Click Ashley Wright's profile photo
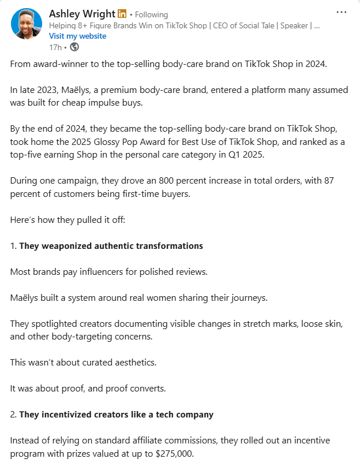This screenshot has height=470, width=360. [27, 24]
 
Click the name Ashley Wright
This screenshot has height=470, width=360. [82, 14]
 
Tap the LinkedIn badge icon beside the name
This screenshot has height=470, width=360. [122, 14]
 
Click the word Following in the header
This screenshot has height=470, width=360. [151, 14]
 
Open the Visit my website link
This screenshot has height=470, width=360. [78, 36]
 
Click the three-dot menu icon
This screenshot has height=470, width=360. [341, 12]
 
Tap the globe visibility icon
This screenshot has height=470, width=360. [74, 47]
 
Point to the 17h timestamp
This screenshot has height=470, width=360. [55, 47]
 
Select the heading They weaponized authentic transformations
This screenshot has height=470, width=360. [111, 245]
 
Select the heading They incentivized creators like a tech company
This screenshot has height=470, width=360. [116, 414]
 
